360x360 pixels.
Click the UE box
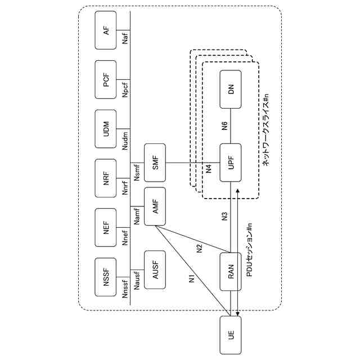tap(231, 335)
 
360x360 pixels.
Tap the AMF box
tap(155, 206)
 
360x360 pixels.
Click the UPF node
tap(231, 164)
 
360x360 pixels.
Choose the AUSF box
tap(155, 269)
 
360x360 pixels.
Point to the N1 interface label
tap(191, 277)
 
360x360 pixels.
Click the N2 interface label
tap(199, 248)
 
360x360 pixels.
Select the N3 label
tap(224, 216)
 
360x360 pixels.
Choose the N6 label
tap(224, 127)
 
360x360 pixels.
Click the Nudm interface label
tap(125, 139)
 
